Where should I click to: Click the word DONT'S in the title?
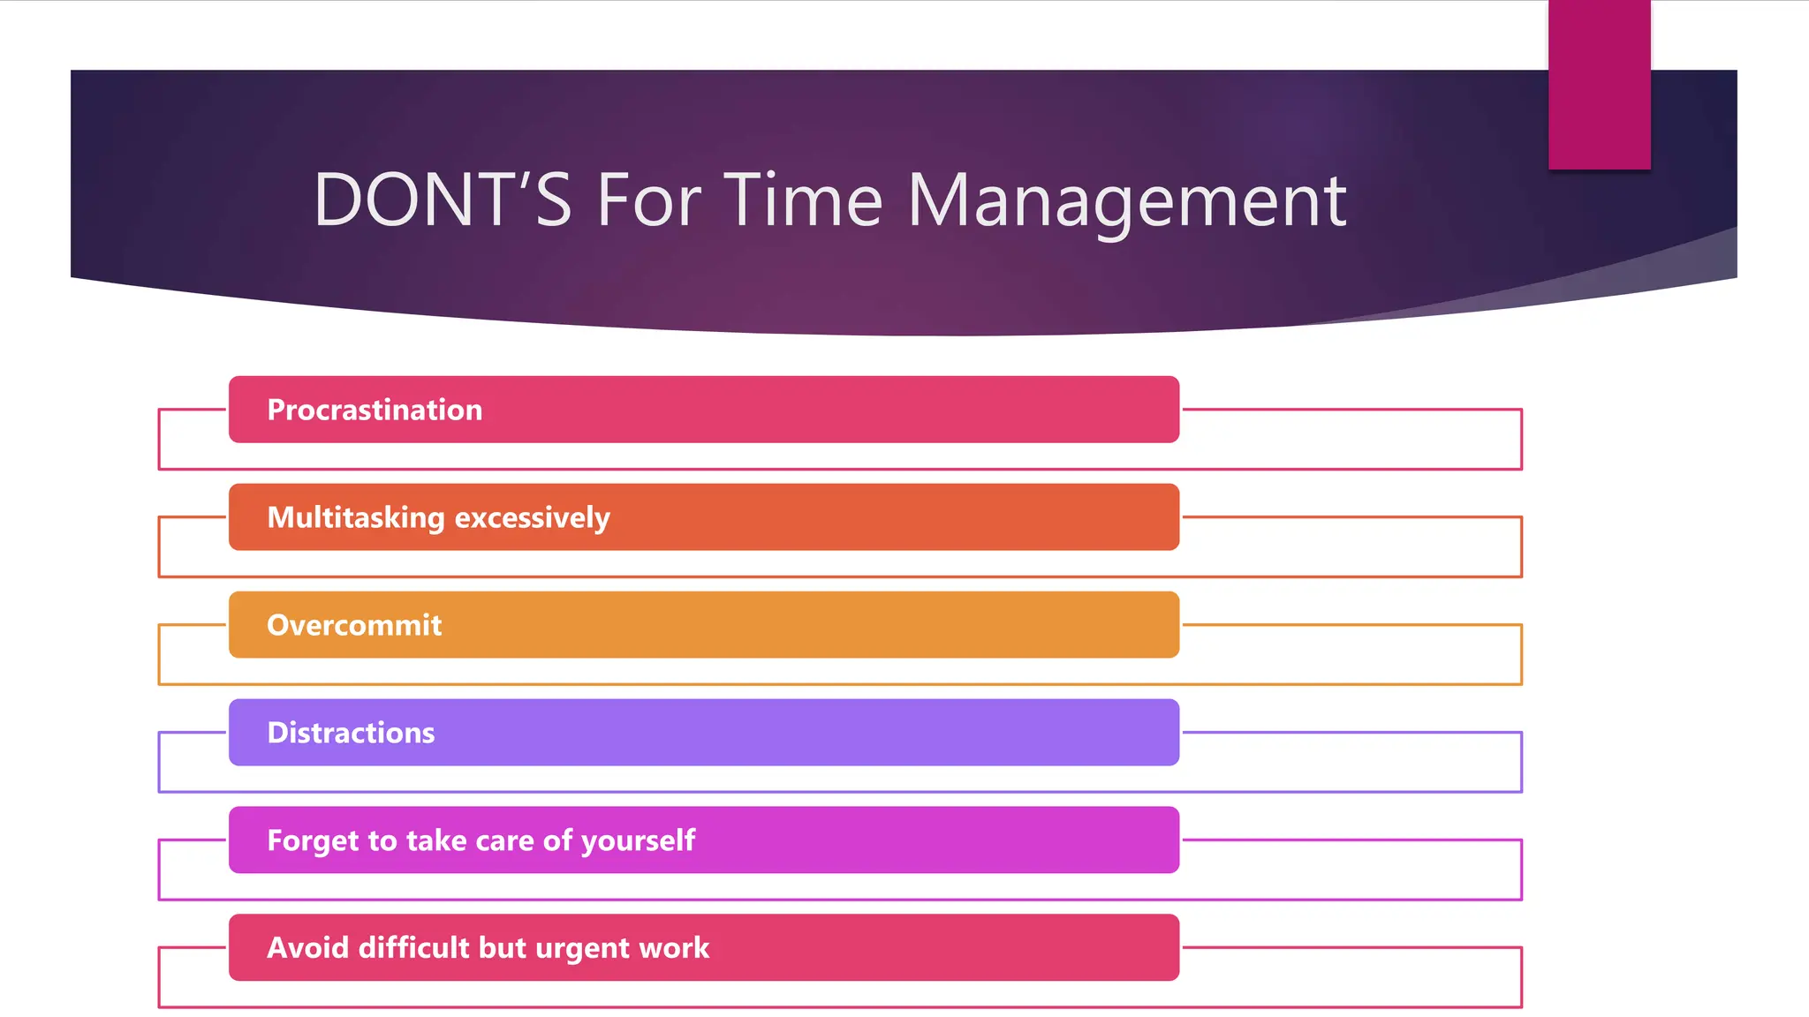[x=443, y=200]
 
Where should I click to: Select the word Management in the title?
[x=1127, y=200]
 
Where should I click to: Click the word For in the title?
[x=649, y=200]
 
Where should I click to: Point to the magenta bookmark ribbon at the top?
[x=1599, y=84]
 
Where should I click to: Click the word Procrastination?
[x=375, y=410]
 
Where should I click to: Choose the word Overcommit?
[x=354, y=625]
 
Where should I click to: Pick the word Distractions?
[x=351, y=733]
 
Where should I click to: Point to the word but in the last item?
[x=503, y=948]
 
